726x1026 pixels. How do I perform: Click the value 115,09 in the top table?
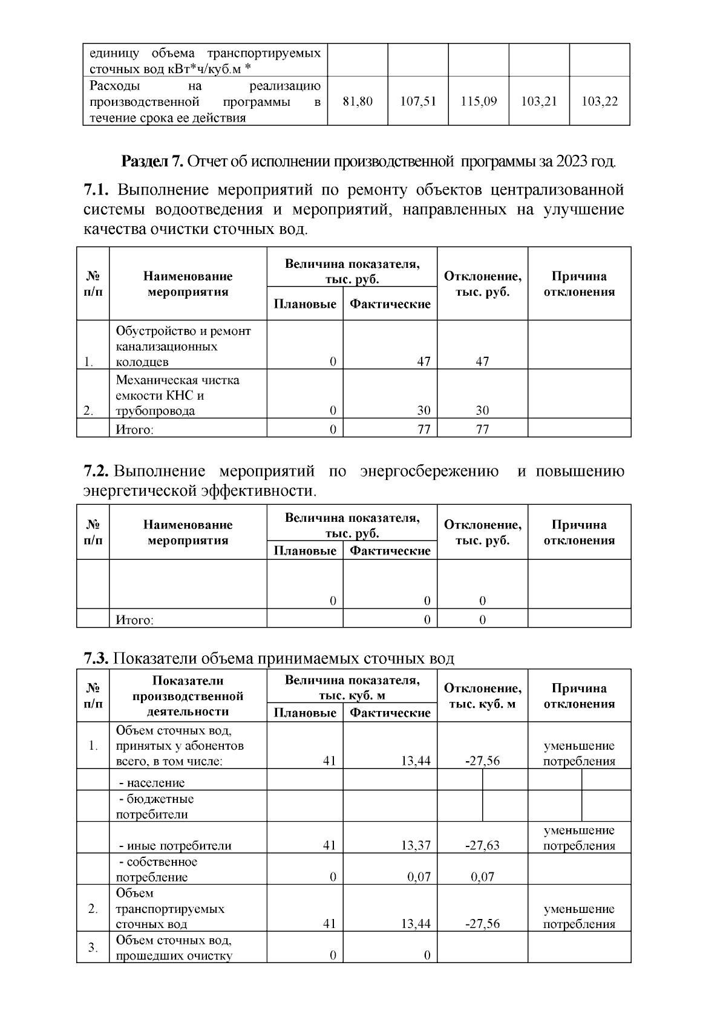[479, 102]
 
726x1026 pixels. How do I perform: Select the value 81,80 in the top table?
[358, 102]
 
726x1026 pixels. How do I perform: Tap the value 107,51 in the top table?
[418, 102]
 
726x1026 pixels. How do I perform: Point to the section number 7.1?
[96, 190]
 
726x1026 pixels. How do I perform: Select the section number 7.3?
[96, 658]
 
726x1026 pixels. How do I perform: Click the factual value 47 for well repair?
[423, 362]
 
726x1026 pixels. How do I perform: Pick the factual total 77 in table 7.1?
[423, 429]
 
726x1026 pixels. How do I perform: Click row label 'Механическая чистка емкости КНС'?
[177, 395]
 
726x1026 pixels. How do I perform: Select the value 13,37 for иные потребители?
[416, 845]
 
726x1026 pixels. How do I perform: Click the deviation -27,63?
[482, 845]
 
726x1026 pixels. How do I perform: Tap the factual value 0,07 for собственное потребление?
[419, 877]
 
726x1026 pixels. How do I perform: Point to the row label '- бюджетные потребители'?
[155, 807]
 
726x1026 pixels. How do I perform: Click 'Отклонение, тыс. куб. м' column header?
[482, 696]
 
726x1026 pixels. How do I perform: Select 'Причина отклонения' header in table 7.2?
[579, 533]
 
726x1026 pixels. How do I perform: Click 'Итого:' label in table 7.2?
[134, 620]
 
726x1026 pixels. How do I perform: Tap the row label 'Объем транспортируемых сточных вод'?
[170, 909]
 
